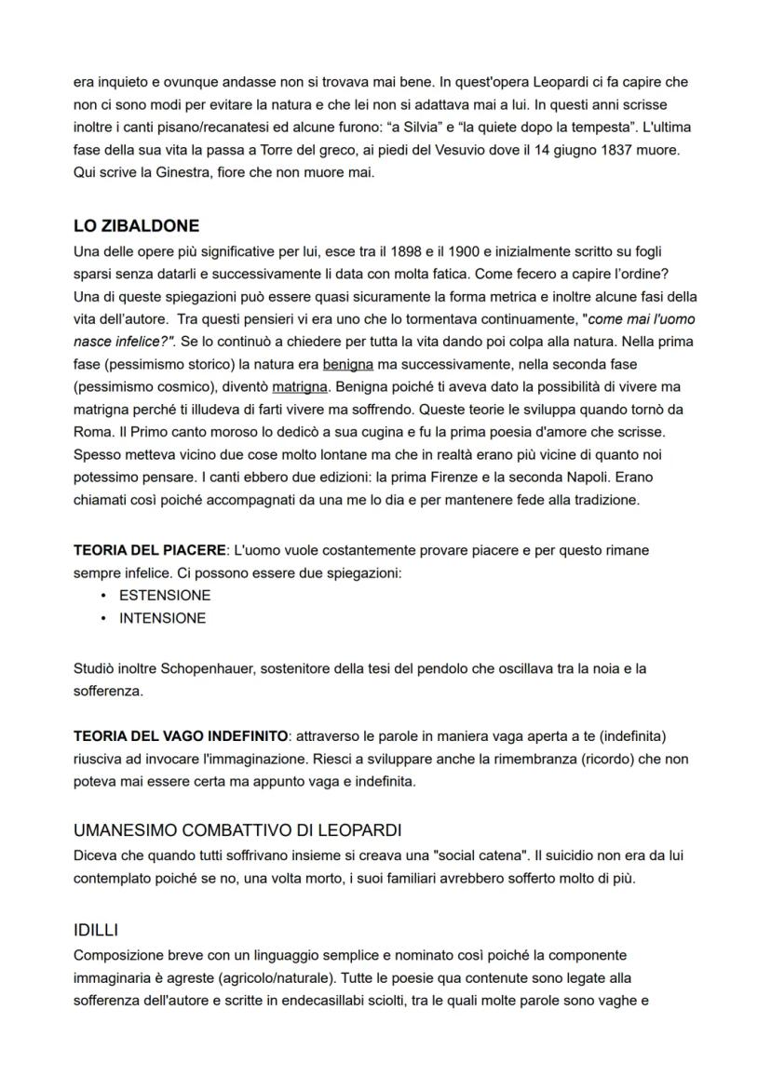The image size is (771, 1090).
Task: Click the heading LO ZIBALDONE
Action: (136, 226)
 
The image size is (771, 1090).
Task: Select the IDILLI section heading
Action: (96, 930)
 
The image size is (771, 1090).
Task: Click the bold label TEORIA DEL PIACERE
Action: (149, 550)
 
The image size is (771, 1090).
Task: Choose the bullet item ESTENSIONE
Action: (165, 595)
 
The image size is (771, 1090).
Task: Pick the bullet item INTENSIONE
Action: (162, 618)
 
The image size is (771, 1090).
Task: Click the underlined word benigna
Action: (347, 364)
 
